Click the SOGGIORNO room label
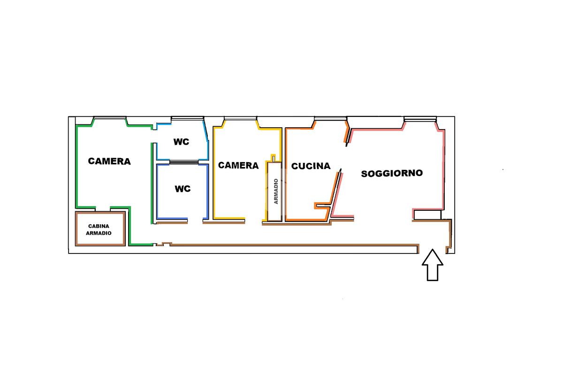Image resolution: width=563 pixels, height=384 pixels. coord(392,173)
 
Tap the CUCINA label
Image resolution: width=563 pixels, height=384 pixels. coord(311,166)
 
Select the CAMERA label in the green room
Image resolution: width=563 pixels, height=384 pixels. coord(109,161)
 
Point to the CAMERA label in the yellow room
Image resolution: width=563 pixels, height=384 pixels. coord(238,165)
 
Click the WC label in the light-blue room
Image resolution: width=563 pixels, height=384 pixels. coord(181,142)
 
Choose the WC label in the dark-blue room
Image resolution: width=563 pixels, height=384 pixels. coord(183,189)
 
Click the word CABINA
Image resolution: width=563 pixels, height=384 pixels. coord(99,225)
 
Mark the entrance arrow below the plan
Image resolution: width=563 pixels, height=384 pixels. coord(432,266)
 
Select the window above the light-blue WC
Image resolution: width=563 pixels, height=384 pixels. coord(187,118)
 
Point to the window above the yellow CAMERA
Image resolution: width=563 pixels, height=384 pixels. coord(240,118)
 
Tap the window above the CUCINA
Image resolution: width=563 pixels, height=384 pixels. coord(330,118)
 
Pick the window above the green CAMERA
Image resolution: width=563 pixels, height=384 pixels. coord(109,118)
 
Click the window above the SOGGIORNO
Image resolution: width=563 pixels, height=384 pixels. coord(420,118)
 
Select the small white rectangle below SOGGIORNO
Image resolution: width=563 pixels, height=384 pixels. coord(427,215)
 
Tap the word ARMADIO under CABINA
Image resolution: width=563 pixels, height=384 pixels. coord(99,233)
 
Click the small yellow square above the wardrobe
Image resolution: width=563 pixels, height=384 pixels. coord(274,157)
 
